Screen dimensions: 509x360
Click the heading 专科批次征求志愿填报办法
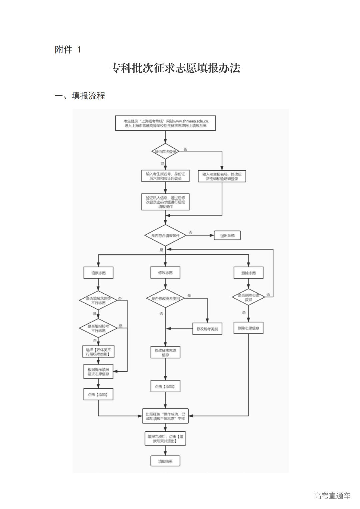[175, 68]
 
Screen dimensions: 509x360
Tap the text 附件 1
[68, 50]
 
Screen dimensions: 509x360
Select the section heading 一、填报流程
[80, 96]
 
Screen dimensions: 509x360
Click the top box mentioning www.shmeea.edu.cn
[165, 123]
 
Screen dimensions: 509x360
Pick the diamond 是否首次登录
[165, 152]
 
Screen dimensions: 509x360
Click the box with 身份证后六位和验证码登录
[165, 176]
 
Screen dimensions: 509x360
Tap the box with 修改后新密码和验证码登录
[222, 176]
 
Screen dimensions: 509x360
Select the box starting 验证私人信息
[165, 202]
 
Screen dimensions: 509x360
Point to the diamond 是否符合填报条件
[165, 236]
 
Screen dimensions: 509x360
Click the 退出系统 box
[227, 236]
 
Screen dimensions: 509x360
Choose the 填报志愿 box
[98, 273]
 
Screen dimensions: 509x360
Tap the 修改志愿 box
[165, 273]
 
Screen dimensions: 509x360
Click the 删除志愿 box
[248, 273]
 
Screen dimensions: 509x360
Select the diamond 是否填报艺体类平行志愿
[98, 300]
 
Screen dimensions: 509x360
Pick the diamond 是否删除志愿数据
[248, 297]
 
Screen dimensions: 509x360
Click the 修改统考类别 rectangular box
[207, 329]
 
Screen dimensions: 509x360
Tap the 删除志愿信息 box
[248, 328]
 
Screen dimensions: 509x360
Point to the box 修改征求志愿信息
[165, 352]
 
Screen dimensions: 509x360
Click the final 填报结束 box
[165, 461]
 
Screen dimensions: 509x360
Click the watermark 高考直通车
[332, 496]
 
